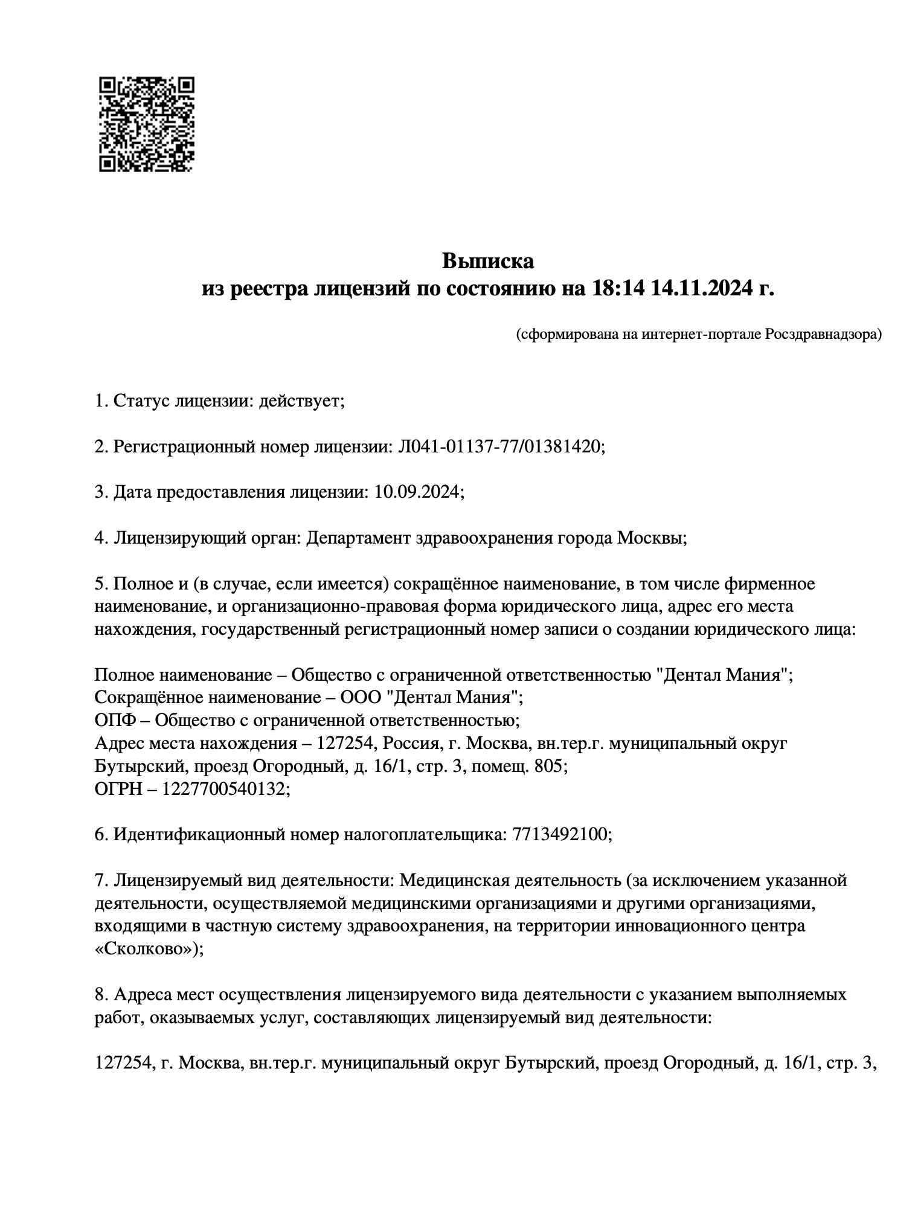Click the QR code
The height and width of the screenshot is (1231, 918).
[147, 124]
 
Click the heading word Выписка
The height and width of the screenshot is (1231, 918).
[488, 261]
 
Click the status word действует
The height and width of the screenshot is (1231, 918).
[300, 400]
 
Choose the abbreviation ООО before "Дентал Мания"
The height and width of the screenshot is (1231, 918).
[361, 698]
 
